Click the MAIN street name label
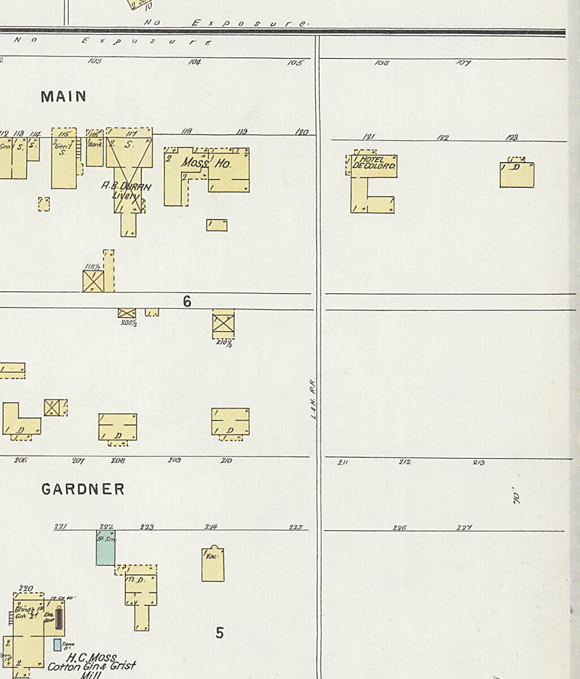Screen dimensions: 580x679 coord(63,97)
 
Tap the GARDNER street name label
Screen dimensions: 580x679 coord(83,489)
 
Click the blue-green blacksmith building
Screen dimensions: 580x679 coord(105,548)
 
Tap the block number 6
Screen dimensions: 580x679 coord(187,302)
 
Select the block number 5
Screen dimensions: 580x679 coord(220,633)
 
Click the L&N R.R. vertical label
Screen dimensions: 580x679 coord(313,399)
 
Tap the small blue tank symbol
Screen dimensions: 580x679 coord(57,644)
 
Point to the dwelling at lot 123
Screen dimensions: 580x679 coord(517,174)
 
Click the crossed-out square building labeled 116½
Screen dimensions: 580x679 coord(93,281)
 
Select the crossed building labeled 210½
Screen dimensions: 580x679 coord(223,324)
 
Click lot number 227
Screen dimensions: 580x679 coord(464,528)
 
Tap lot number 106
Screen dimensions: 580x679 coord(382,63)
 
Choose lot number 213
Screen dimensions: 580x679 coord(479,463)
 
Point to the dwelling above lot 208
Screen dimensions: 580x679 coord(118,427)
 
